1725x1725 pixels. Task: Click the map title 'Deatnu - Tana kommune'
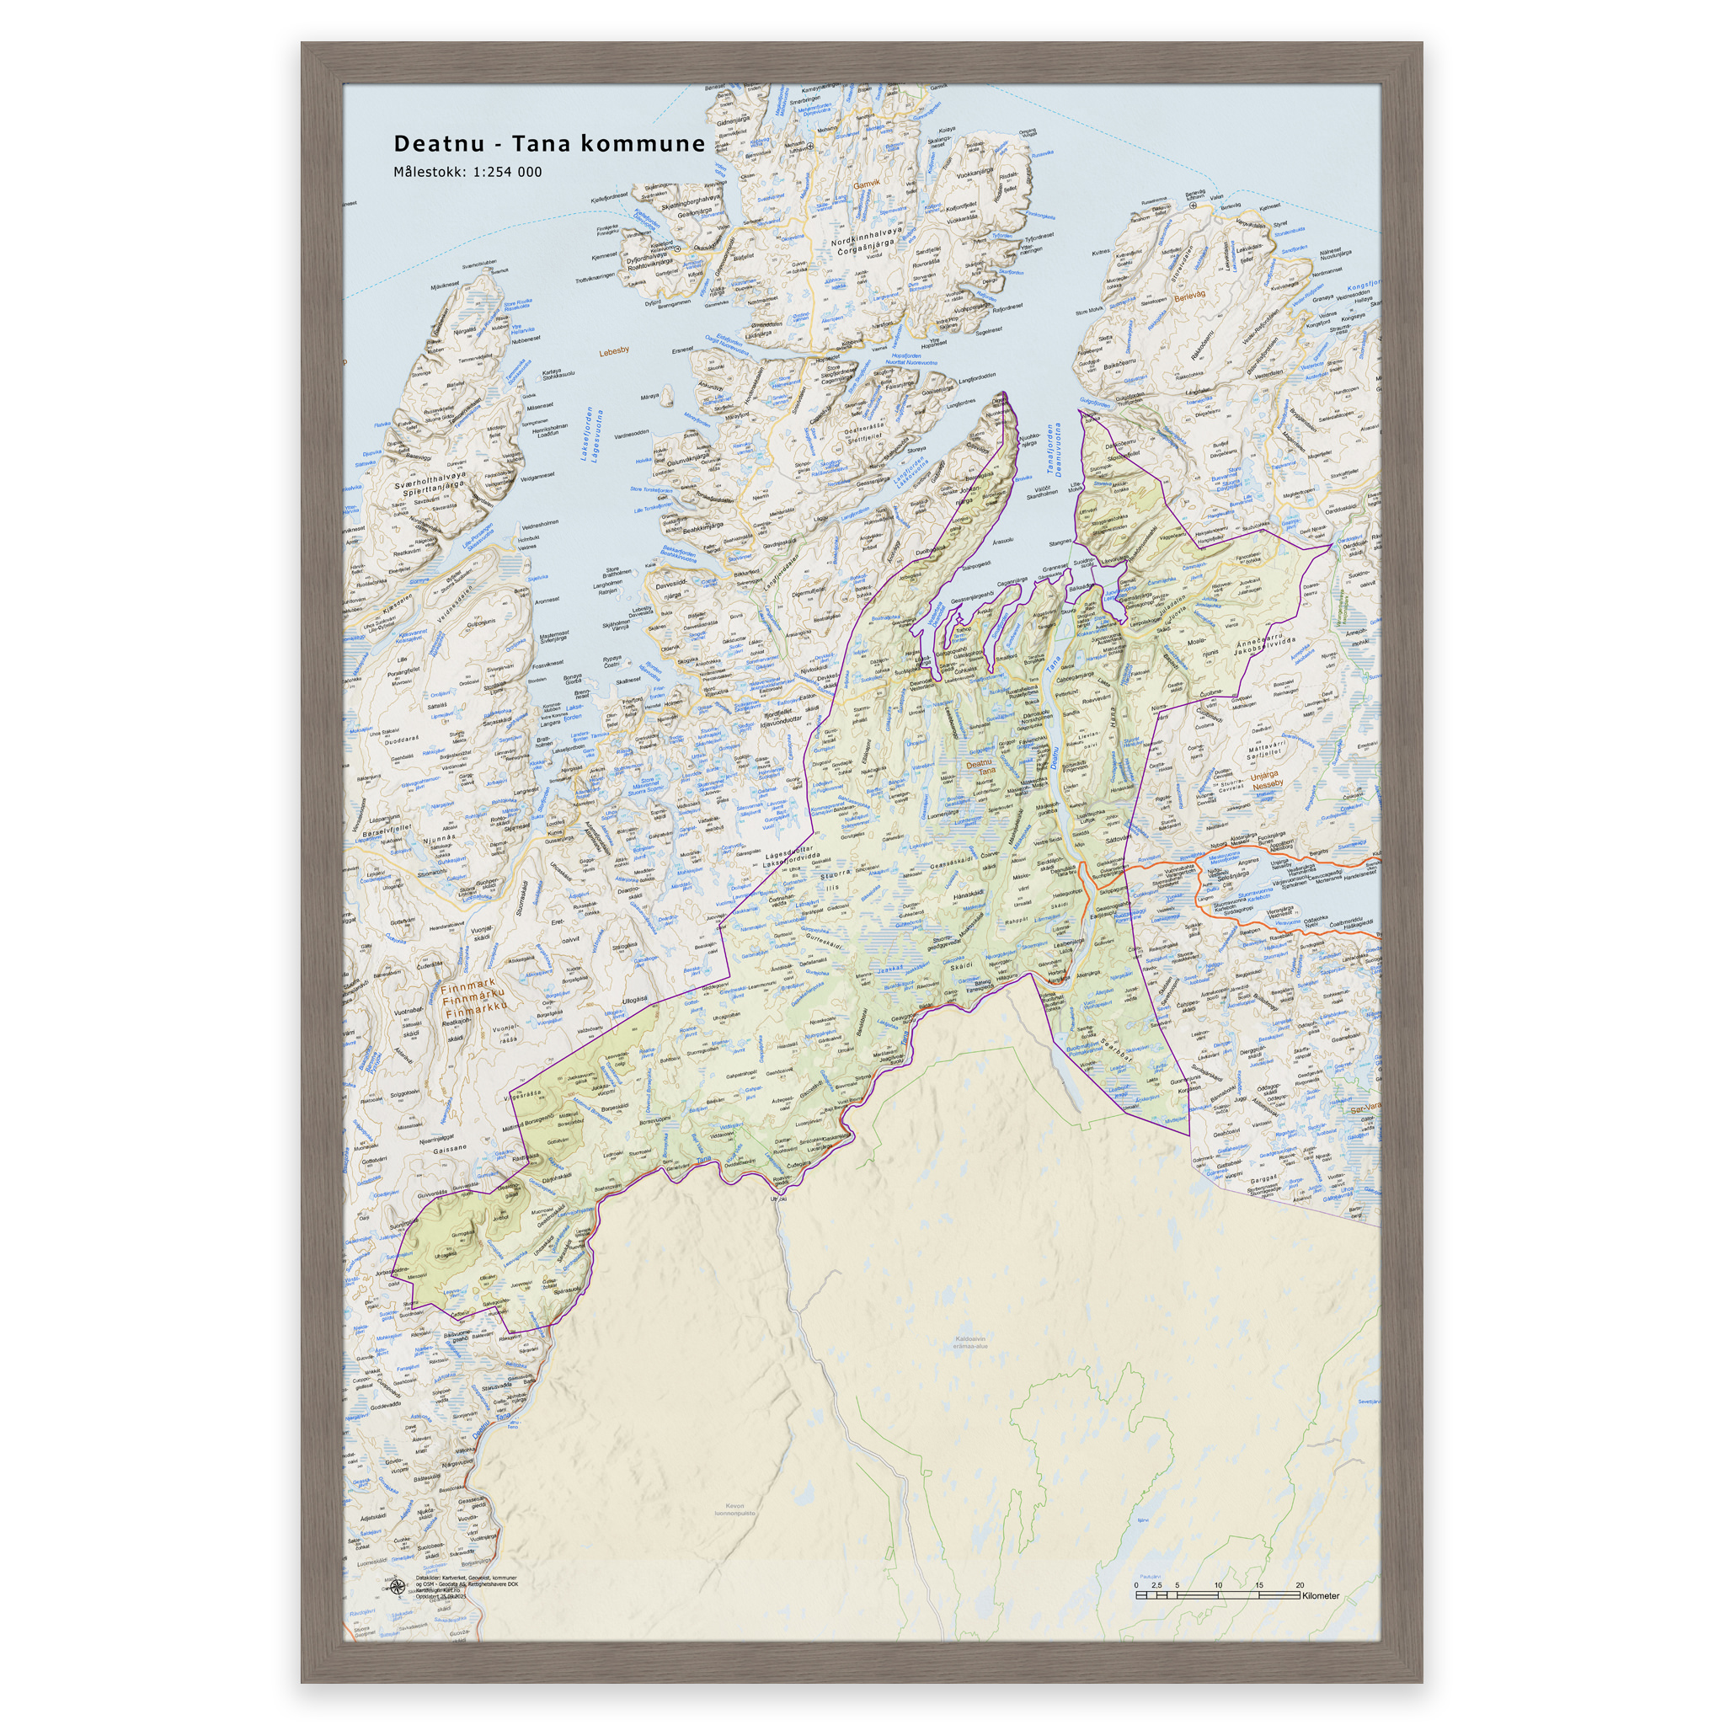pyautogui.click(x=549, y=144)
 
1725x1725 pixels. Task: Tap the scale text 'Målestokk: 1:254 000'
pyautogui.click(x=467, y=173)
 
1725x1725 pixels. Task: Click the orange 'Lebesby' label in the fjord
pyautogui.click(x=614, y=350)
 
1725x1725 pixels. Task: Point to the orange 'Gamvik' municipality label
pyautogui.click(x=866, y=184)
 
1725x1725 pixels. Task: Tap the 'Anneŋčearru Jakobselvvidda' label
pyautogui.click(x=1263, y=646)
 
